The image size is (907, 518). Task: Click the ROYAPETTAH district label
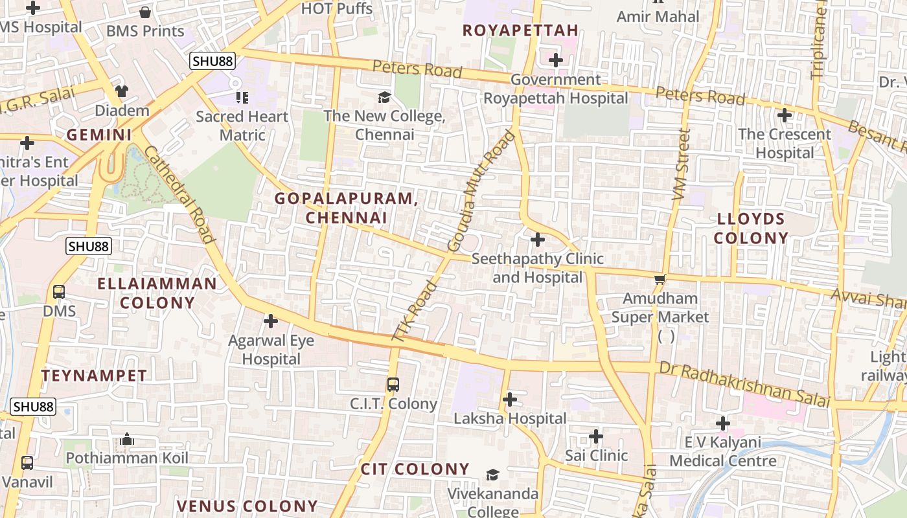pyautogui.click(x=520, y=30)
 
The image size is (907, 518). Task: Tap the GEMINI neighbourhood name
pyautogui.click(x=99, y=135)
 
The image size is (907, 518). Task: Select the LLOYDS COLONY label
pyautogui.click(x=751, y=228)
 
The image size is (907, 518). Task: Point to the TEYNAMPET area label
pyautogui.click(x=94, y=376)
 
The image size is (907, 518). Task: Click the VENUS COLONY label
pyautogui.click(x=247, y=506)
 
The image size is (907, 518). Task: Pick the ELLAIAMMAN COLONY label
pyautogui.click(x=157, y=293)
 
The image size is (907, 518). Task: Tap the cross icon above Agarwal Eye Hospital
pyautogui.click(x=271, y=321)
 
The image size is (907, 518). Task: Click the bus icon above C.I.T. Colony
pyautogui.click(x=393, y=384)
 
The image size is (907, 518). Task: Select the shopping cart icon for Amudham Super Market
pyautogui.click(x=660, y=279)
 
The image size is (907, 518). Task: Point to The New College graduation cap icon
pyautogui.click(x=384, y=97)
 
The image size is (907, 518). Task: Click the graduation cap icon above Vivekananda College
pyautogui.click(x=493, y=475)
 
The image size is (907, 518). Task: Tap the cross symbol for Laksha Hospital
pyautogui.click(x=510, y=400)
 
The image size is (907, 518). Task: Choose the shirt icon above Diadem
pyautogui.click(x=121, y=91)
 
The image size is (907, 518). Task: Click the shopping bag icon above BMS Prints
pyautogui.click(x=145, y=12)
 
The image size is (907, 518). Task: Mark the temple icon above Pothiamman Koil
pyautogui.click(x=127, y=440)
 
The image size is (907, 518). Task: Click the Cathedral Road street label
pyautogui.click(x=179, y=194)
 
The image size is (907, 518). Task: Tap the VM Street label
pyautogui.click(x=682, y=163)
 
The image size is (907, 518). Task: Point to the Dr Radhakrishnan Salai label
pyautogui.click(x=744, y=384)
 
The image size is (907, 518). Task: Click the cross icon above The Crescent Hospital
pyautogui.click(x=785, y=116)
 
